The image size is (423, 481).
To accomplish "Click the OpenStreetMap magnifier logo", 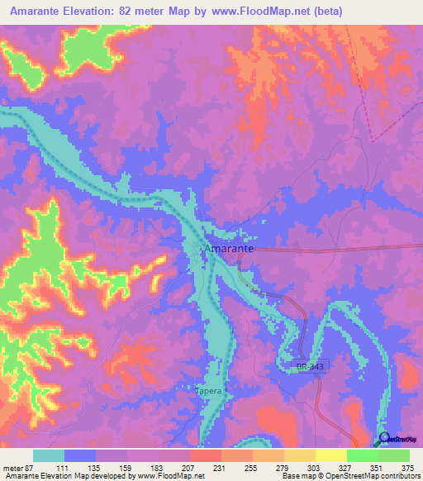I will [x=383, y=441].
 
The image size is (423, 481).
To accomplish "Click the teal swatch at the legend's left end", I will [x=49, y=455].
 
